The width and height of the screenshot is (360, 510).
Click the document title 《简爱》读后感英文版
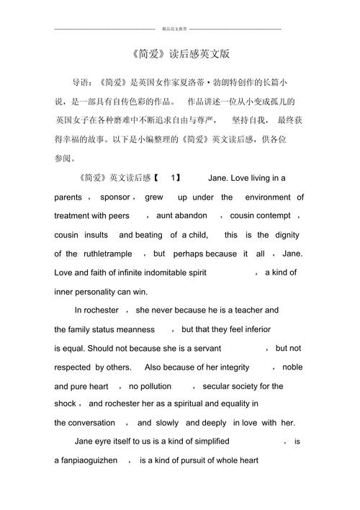pyautogui.click(x=179, y=55)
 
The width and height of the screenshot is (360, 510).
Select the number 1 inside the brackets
pyautogui.click(x=174, y=178)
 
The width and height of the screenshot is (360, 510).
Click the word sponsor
pyautogui.click(x=114, y=197)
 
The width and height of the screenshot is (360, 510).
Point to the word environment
pyautogui.click(x=268, y=197)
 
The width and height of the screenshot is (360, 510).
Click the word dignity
pyautogui.click(x=286, y=235)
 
